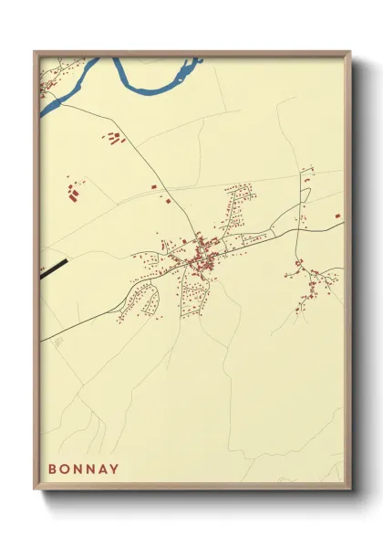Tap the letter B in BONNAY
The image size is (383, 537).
[x=53, y=469]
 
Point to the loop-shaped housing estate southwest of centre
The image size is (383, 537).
[x=140, y=297]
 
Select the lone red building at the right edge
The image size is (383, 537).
[x=337, y=216]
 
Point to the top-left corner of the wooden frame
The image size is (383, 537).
[x=35, y=51]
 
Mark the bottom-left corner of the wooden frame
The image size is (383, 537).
[x=35, y=491]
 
